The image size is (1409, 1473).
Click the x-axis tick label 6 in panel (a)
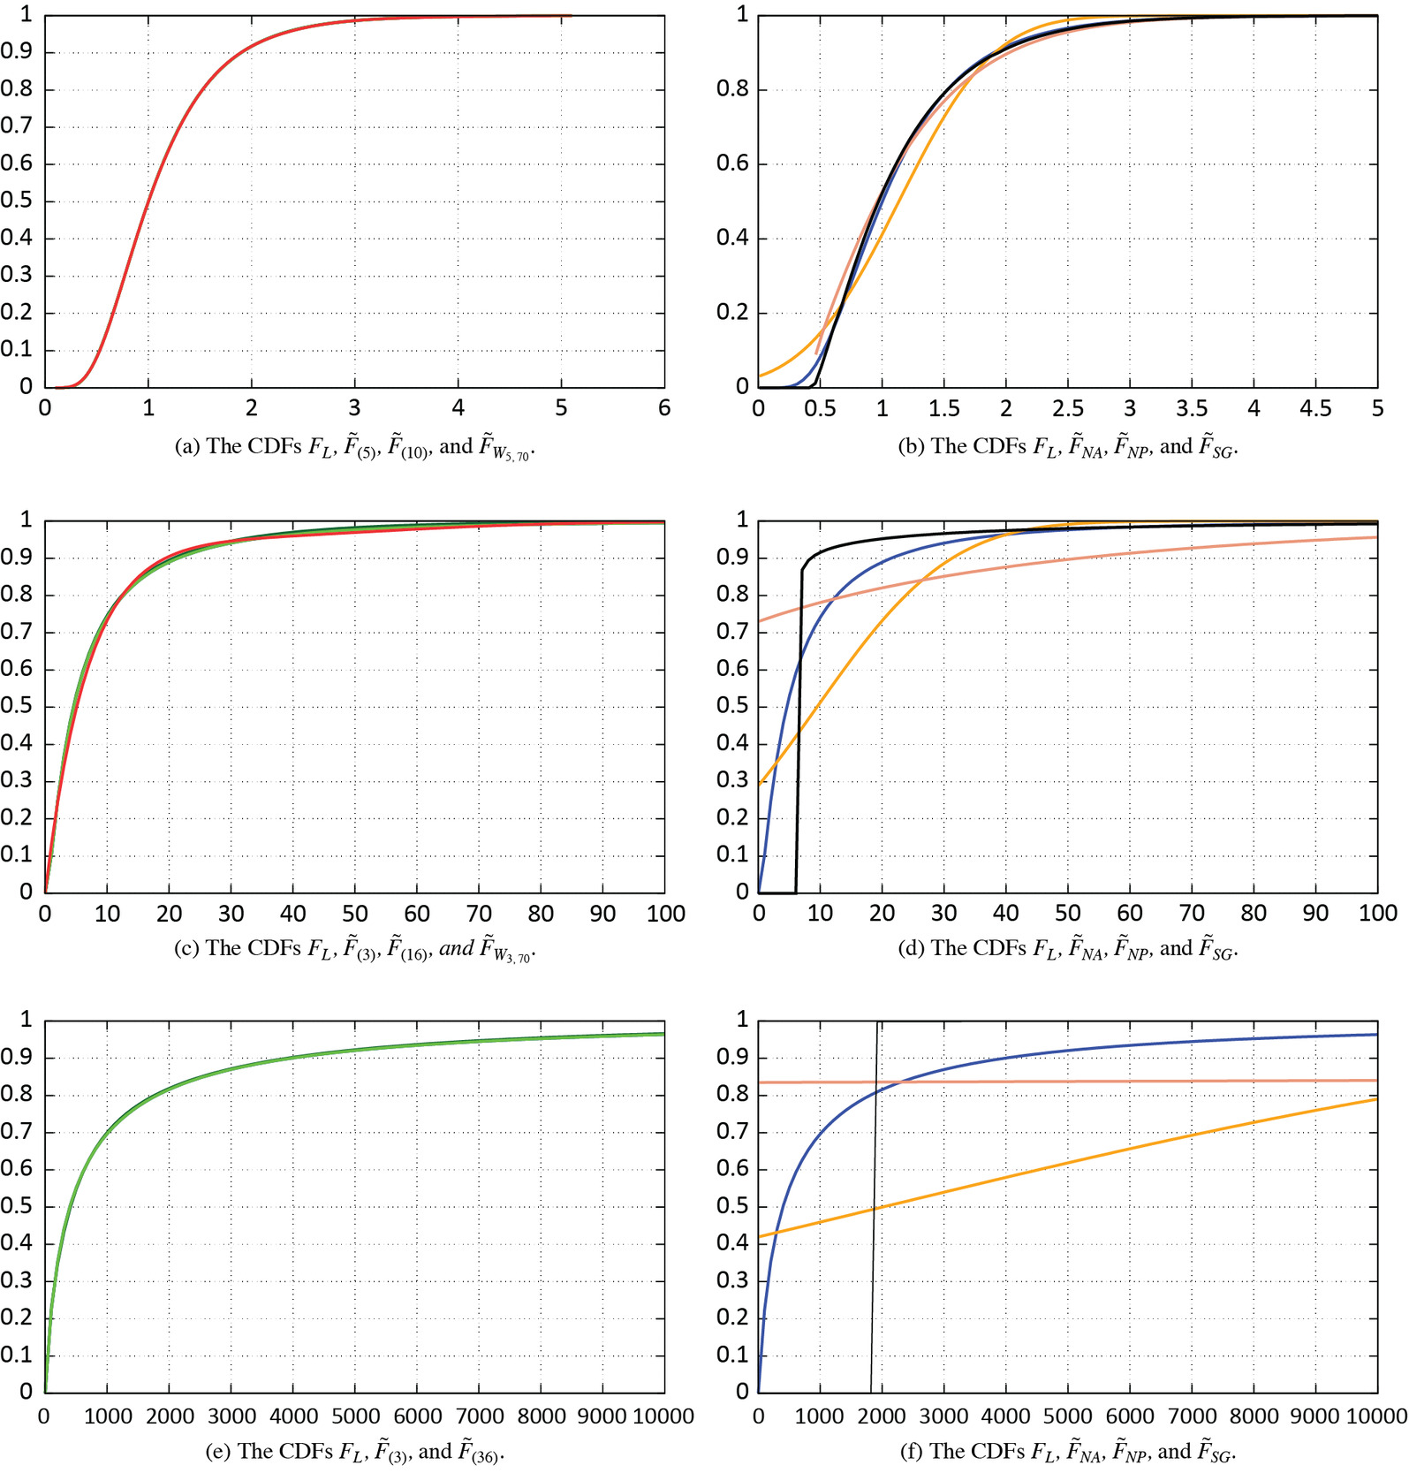coord(664,407)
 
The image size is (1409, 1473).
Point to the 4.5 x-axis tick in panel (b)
coord(1314,408)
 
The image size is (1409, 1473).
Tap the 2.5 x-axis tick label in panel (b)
coord(1067,408)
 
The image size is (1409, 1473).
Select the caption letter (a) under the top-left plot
coord(187,447)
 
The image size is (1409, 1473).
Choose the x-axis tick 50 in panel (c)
coord(355,914)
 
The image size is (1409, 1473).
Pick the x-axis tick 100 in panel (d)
coord(1376,914)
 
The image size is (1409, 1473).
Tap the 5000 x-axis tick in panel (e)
coord(355,1416)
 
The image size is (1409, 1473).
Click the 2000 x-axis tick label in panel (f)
coord(882,1416)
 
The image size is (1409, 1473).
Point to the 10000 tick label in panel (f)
coord(1375,1416)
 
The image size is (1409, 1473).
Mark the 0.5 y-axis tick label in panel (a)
coord(17,201)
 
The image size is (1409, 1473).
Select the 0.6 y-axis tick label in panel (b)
coord(731,163)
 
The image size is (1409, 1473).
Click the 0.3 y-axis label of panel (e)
coord(17,1280)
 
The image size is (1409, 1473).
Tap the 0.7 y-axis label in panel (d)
coord(731,632)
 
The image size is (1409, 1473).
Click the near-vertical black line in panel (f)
coord(874,1237)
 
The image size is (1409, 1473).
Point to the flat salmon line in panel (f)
coord(1148,1081)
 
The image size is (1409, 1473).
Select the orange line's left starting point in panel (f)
coord(761,1236)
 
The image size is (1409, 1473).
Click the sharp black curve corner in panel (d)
coord(802,569)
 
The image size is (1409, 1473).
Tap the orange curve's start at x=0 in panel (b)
coord(761,376)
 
